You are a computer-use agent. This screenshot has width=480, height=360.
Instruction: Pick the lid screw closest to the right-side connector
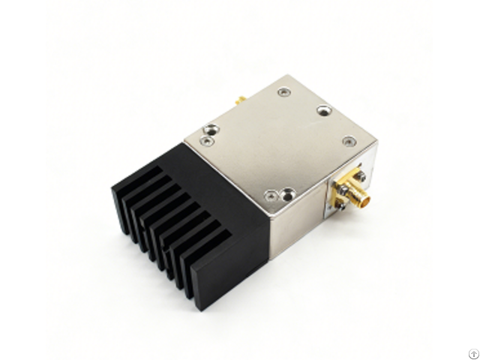coord(348,139)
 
